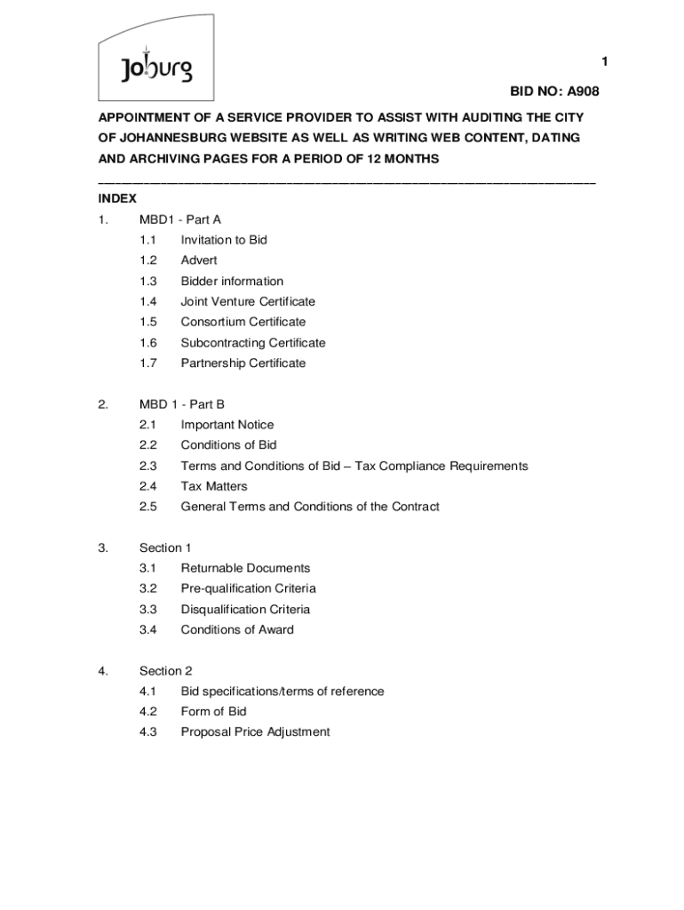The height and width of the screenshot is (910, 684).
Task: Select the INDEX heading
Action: tap(116, 198)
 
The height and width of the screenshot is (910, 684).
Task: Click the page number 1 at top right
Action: tap(604, 60)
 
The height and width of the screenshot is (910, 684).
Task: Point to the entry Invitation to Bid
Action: tap(224, 240)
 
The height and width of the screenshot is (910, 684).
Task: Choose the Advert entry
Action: tap(199, 260)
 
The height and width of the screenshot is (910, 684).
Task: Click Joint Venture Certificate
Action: tap(248, 301)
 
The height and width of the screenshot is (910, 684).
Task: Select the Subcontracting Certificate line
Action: tap(253, 342)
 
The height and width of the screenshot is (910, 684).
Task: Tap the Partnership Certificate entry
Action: tap(243, 363)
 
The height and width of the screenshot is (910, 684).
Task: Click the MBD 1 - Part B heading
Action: tap(182, 404)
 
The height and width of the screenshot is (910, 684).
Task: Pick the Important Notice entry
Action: tap(227, 425)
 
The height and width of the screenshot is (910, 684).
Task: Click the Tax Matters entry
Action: tap(214, 486)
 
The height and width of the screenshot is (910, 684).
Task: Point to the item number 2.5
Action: tap(147, 507)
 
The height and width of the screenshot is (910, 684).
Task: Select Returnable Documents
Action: tap(245, 568)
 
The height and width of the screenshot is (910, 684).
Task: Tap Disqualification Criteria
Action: tap(245, 610)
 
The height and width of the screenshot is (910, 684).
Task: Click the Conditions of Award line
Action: tap(237, 630)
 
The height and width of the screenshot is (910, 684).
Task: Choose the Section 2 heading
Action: tap(165, 671)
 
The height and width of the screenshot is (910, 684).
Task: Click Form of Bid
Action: tap(214, 712)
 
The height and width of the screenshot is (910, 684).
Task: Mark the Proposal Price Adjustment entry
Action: tap(255, 732)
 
